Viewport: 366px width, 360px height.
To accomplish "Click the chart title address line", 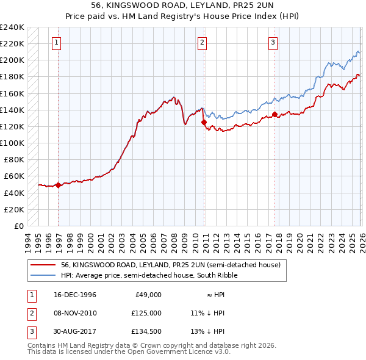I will click(183, 5).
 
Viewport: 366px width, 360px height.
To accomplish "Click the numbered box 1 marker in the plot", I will click(56, 42).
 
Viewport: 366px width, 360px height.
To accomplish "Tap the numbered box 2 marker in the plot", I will click(202, 42).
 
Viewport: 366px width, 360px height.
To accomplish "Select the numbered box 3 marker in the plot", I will click(273, 42).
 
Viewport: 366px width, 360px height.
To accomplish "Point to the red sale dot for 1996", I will click(59, 185).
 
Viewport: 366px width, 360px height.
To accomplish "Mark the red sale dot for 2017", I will click(274, 114).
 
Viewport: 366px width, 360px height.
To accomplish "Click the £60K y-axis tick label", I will click(13, 176).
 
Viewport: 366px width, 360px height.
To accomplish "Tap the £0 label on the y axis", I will click(20, 226).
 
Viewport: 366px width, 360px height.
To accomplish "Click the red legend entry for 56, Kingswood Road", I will click(170, 265).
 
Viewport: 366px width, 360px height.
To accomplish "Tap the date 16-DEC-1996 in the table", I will click(75, 294).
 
